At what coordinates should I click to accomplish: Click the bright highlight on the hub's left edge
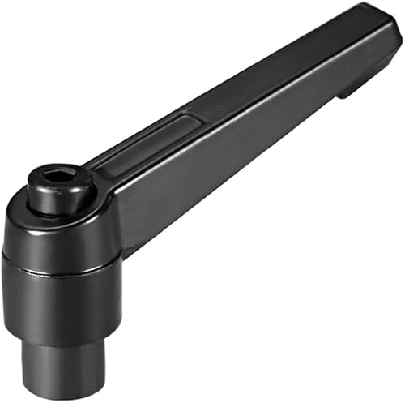tap(10, 243)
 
